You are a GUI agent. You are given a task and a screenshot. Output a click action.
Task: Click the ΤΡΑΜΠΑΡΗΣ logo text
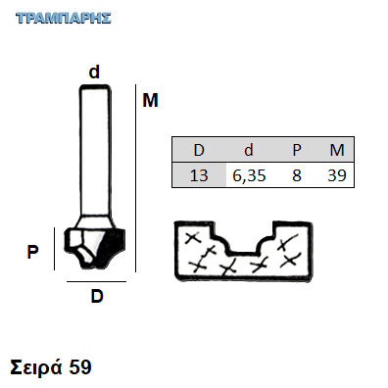pyautogui.click(x=64, y=19)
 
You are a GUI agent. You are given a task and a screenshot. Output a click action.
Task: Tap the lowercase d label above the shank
pyautogui.click(x=94, y=72)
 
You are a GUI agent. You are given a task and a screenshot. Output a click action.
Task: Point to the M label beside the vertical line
pyautogui.click(x=150, y=100)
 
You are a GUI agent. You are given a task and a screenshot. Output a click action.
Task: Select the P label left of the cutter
pyautogui.click(x=32, y=252)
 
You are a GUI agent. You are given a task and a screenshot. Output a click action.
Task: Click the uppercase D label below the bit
pyautogui.click(x=97, y=297)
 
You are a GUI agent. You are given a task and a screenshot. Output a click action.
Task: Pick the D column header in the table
pyautogui.click(x=199, y=150)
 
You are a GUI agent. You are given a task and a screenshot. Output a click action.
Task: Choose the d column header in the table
pyautogui.click(x=249, y=150)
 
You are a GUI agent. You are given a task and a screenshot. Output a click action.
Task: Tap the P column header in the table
pyautogui.click(x=297, y=150)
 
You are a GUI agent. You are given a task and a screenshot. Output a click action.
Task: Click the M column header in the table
pyautogui.click(x=337, y=150)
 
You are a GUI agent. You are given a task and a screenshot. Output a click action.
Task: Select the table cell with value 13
pyautogui.click(x=199, y=175)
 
